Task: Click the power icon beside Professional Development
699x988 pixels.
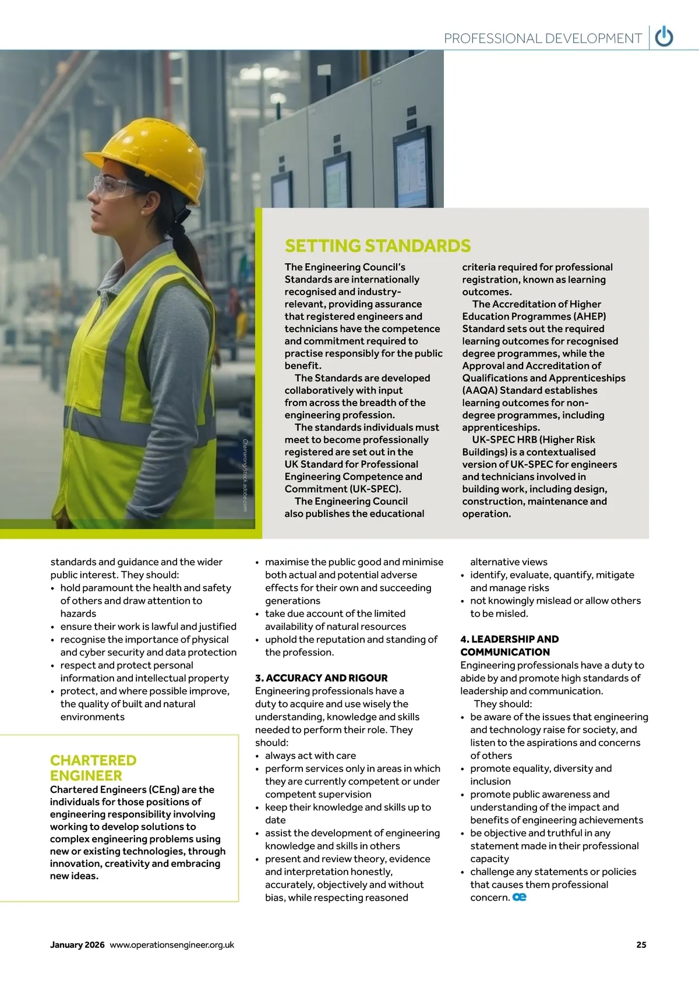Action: [x=664, y=37]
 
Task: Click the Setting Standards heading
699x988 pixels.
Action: [x=377, y=246]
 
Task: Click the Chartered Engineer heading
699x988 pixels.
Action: [x=93, y=768]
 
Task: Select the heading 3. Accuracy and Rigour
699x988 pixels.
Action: [x=321, y=678]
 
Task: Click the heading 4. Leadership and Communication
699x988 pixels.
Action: [x=509, y=645]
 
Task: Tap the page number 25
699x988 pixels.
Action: [x=641, y=945]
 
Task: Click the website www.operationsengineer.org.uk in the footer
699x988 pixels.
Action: [x=172, y=945]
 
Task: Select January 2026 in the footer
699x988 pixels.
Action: [x=77, y=945]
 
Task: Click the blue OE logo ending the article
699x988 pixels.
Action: [x=520, y=897]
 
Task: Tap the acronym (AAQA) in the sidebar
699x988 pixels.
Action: [x=479, y=390]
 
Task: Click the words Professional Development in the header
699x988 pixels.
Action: [x=543, y=38]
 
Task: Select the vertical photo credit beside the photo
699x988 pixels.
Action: [x=245, y=475]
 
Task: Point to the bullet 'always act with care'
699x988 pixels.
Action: [x=310, y=756]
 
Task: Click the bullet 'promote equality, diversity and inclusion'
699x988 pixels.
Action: [x=541, y=775]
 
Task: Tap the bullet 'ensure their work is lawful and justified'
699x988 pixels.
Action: [x=148, y=626]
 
